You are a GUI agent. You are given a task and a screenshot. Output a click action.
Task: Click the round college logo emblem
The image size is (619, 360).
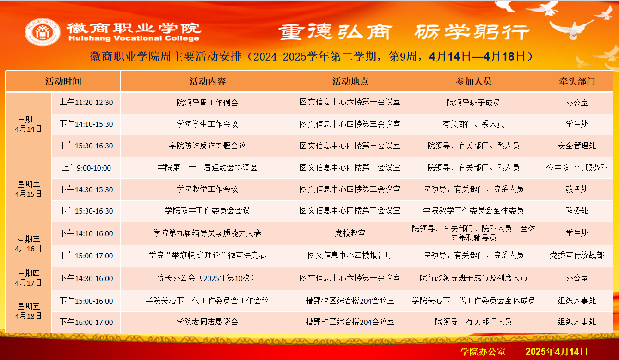coord(43,32)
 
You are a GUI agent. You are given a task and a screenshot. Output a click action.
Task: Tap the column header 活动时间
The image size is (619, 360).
coord(63,81)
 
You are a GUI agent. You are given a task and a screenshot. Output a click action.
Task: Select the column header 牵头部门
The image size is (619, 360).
coord(577,81)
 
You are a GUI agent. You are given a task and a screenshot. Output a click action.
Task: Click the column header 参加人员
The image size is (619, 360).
coord(473,81)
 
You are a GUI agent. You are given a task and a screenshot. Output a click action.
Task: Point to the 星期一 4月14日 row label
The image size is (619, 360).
coord(29,124)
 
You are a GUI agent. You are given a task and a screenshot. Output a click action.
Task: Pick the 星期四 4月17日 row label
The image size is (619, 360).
coord(29,278)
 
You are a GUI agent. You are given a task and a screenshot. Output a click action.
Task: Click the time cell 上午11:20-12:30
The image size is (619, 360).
coord(86,103)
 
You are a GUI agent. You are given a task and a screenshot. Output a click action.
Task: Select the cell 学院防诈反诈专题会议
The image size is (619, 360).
coord(207,146)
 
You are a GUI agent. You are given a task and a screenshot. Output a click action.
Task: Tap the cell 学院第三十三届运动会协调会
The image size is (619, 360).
coord(207,167)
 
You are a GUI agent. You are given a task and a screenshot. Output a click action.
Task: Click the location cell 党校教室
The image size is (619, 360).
coord(350,233)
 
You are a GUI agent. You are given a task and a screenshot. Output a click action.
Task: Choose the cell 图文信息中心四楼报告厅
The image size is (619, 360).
coord(350,255)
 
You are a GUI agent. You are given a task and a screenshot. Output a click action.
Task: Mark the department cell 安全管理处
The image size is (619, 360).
coord(577,146)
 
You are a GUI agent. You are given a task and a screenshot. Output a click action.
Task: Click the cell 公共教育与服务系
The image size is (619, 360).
coord(577,167)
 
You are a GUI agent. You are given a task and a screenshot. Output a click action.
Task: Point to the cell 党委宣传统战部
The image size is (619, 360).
coord(577,255)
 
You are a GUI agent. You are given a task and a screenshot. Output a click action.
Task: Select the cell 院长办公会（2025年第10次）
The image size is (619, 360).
coord(207,278)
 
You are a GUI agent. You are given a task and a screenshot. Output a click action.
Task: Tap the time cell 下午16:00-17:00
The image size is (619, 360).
coord(86,322)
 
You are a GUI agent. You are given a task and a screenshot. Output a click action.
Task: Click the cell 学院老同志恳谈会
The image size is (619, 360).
coord(207,322)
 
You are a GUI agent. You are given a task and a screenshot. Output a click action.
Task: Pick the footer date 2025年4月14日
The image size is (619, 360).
coord(556,351)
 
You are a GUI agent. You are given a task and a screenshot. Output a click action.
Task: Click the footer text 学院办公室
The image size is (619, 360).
coord(483,351)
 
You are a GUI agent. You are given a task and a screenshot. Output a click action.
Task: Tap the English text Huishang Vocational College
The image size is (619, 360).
coord(134,38)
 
